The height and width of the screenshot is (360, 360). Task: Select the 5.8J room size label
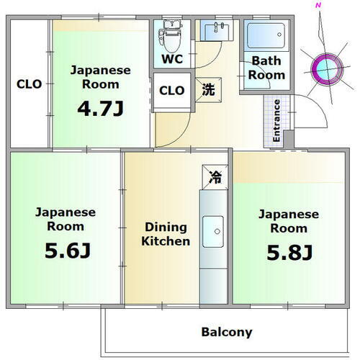[x=288, y=253]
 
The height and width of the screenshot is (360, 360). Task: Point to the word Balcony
[x=226, y=332]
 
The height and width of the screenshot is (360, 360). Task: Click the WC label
[x=171, y=58]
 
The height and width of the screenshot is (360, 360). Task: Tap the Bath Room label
[x=267, y=68]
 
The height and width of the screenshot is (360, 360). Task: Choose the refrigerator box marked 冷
[x=214, y=175]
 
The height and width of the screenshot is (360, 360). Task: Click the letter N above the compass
[x=318, y=6]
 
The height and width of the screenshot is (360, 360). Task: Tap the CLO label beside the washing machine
[x=171, y=91]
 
